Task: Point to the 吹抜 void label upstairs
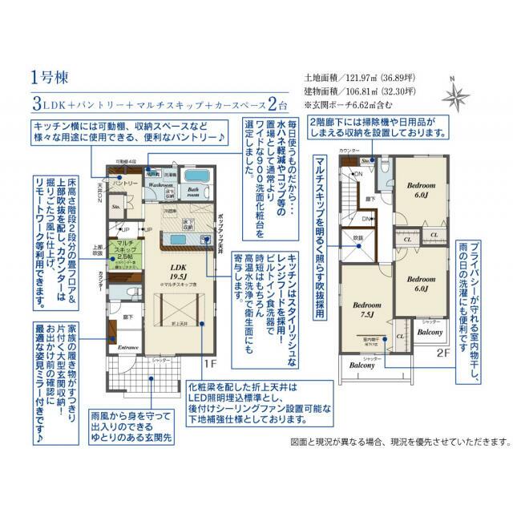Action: (358, 237)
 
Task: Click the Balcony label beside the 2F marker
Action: (430, 332)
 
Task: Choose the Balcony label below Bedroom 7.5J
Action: (362, 366)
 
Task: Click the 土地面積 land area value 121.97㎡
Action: (360, 79)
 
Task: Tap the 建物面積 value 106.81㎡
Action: (360, 91)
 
